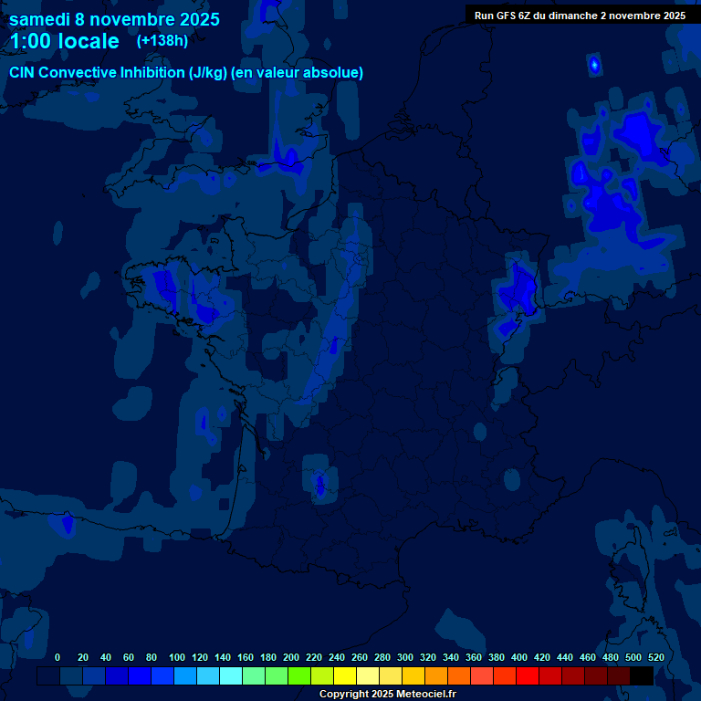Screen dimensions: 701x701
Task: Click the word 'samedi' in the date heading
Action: pyautogui.click(x=40, y=19)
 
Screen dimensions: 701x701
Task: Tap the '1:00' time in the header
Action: pyautogui.click(x=32, y=41)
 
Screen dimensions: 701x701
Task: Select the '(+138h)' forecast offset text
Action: pyautogui.click(x=162, y=40)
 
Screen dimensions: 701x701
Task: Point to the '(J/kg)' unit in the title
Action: pyautogui.click(x=207, y=72)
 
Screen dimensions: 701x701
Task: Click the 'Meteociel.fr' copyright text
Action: pyautogui.click(x=425, y=694)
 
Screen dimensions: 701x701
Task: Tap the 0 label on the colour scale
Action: pyautogui.click(x=58, y=657)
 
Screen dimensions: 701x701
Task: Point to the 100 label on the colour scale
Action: pyautogui.click(x=176, y=657)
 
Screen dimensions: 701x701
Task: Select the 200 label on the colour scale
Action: pyautogui.click(x=290, y=657)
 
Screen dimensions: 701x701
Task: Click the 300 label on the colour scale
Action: pyautogui.click(x=404, y=657)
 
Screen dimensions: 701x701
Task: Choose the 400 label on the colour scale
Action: pyautogui.click(x=518, y=657)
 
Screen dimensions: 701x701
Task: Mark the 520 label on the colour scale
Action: pyautogui.click(x=655, y=657)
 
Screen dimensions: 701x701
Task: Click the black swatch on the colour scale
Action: pyautogui.click(x=642, y=675)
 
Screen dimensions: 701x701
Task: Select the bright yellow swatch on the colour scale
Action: pyautogui.click(x=345, y=675)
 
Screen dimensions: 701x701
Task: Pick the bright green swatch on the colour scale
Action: pyautogui.click(x=299, y=675)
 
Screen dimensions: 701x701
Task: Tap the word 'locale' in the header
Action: pyautogui.click(x=86, y=41)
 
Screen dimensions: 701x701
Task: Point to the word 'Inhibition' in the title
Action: pyautogui.click(x=151, y=72)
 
